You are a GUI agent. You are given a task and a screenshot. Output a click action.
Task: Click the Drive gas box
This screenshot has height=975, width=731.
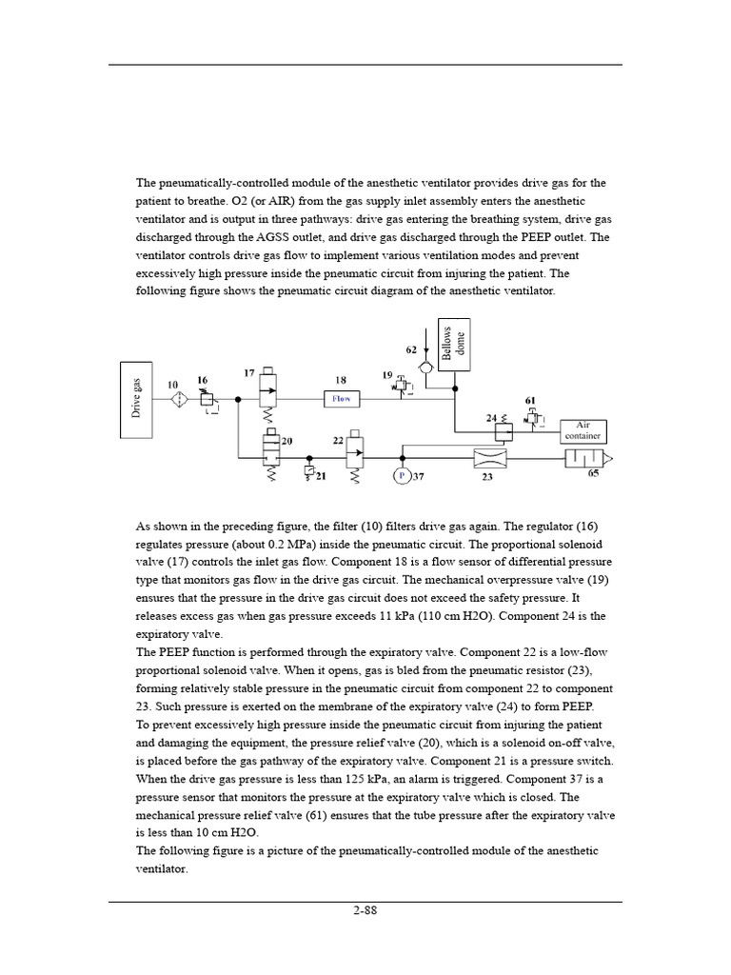[x=136, y=399]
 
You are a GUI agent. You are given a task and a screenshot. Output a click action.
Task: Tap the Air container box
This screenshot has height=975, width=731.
[x=583, y=430]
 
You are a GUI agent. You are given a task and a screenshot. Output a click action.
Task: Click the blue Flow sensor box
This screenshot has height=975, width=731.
[x=341, y=399]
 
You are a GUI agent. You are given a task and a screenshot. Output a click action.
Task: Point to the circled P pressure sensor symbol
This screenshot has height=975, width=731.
[x=401, y=475]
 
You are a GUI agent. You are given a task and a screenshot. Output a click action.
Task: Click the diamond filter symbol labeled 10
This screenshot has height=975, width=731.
[x=179, y=400]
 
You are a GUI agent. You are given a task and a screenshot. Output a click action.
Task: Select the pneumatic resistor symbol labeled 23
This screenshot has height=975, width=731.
[x=490, y=459]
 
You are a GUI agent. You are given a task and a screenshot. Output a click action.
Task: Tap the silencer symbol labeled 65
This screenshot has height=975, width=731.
[x=583, y=459]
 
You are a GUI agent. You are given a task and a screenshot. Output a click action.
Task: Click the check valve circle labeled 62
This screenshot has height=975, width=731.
[x=425, y=364]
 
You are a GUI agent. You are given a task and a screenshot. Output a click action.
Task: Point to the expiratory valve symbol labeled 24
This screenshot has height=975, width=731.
[x=505, y=431]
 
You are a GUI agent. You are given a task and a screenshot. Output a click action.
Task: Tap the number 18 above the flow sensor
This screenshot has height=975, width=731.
[x=340, y=379]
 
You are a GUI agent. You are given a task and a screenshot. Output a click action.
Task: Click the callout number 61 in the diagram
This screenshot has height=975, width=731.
[x=530, y=400]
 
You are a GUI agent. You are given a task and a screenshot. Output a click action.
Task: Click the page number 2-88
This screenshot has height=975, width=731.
[x=365, y=910]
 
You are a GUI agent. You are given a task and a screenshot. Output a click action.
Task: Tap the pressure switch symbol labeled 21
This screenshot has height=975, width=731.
[x=309, y=470]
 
